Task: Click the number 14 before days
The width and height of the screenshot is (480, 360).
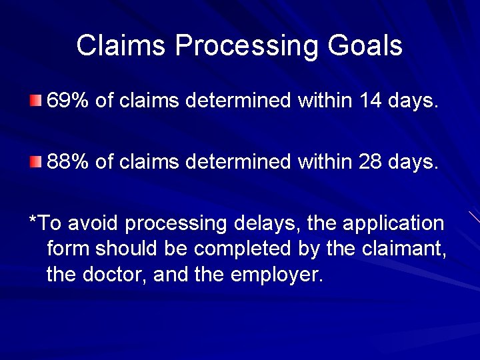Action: (x=370, y=102)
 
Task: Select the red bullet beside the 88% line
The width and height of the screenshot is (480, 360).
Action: (x=35, y=161)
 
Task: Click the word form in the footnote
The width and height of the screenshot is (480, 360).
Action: (x=69, y=249)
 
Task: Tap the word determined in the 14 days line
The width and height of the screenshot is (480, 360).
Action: (x=239, y=102)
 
